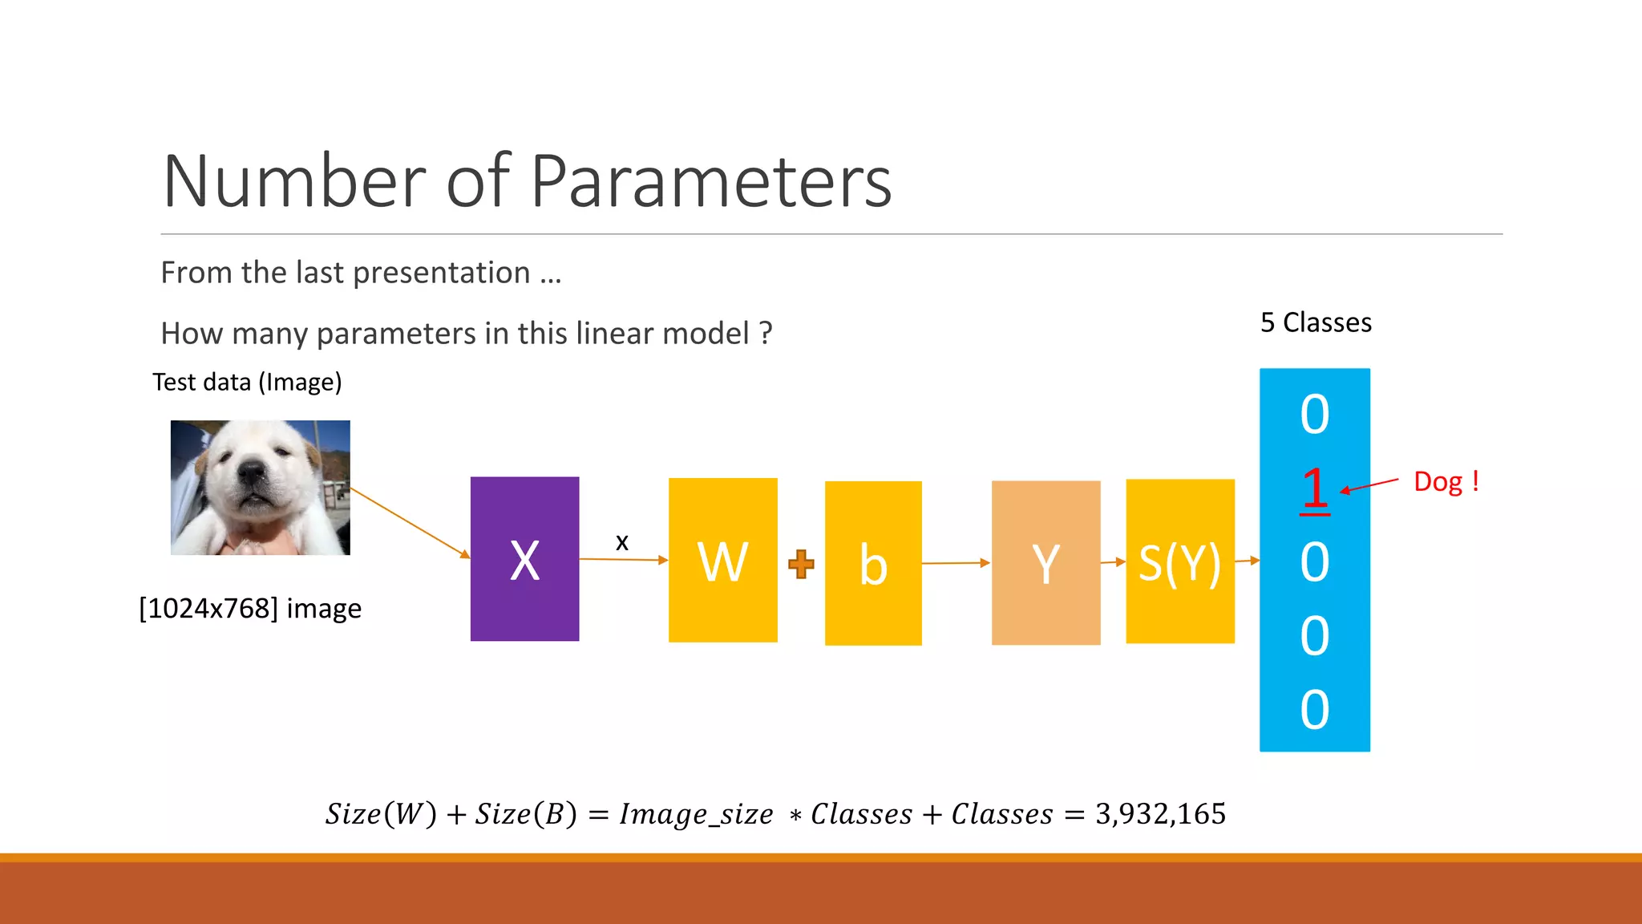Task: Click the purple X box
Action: coord(524,559)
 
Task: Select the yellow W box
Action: coord(722,560)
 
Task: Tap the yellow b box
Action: coord(873,563)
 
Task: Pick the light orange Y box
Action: coord(1045,562)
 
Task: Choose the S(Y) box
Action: coord(1179,561)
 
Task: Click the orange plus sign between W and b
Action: coord(801,564)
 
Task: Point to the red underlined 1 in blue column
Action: coord(1314,487)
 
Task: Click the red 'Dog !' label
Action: coord(1446,482)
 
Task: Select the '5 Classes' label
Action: coord(1316,322)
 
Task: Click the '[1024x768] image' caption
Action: coord(250,609)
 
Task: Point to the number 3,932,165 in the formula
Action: coord(1160,814)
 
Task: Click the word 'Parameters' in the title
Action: coord(710,181)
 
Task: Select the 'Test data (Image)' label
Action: coord(247,383)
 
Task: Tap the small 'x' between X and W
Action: coord(622,542)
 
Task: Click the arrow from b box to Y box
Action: coord(956,563)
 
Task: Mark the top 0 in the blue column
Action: coord(1314,415)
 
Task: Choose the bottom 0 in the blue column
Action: coord(1314,710)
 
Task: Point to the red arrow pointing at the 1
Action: coord(1369,485)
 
